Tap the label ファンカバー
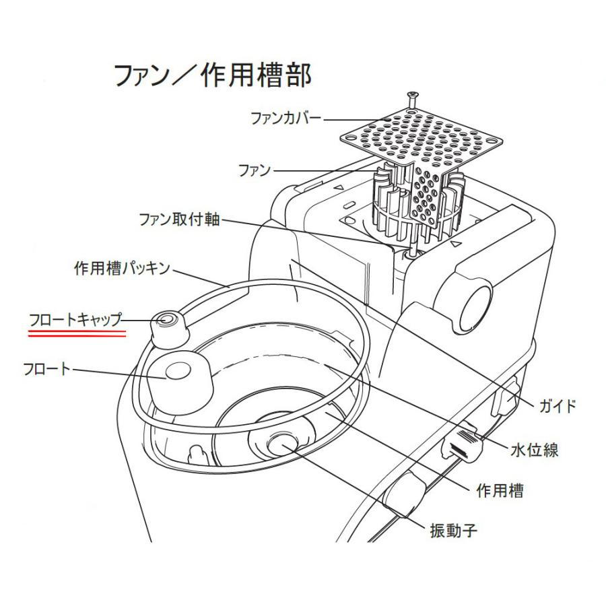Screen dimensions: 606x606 pyautogui.click(x=285, y=119)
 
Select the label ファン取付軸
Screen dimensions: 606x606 pyautogui.click(x=179, y=220)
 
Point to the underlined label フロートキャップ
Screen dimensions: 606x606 pyautogui.click(x=75, y=318)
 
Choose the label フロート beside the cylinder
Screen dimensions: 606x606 pyautogui.click(x=46, y=369)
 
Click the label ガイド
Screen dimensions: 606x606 pyautogui.click(x=558, y=406)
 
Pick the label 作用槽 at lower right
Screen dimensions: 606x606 pyautogui.click(x=499, y=490)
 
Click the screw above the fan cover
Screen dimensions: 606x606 pyautogui.click(x=411, y=99)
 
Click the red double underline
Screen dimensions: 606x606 pyautogui.click(x=77, y=332)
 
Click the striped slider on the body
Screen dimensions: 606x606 pyautogui.click(x=465, y=444)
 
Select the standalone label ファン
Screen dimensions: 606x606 pyautogui.click(x=255, y=170)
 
